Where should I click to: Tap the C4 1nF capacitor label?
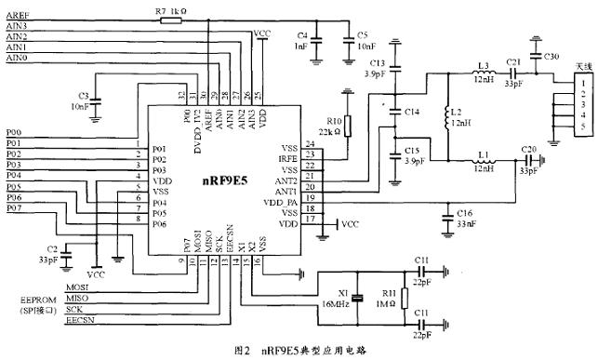[302, 39]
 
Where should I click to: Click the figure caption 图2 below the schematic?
[241, 351]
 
